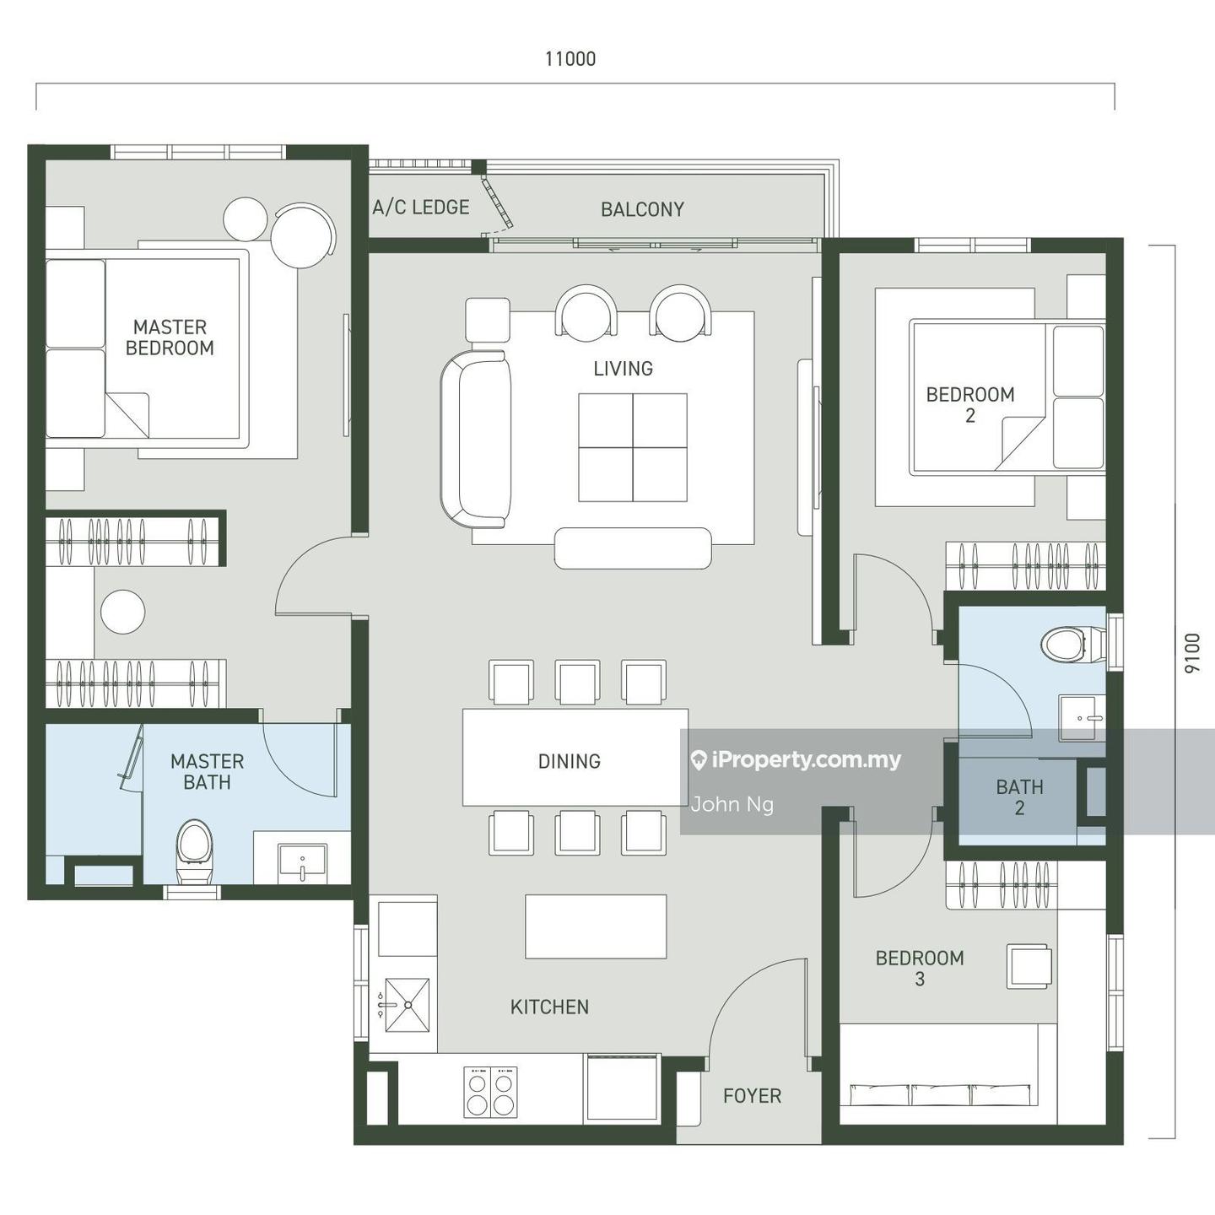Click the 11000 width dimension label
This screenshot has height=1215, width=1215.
pos(570,59)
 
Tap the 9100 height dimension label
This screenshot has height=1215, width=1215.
pos(1192,653)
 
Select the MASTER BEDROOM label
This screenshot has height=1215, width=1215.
pos(170,337)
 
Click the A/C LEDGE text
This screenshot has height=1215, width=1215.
pos(420,207)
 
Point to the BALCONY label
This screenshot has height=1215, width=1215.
pos(642,209)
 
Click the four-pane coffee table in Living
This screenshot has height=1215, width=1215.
pos(633,448)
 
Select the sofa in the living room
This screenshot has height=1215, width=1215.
pos(476,440)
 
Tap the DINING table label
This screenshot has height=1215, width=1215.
pos(570,761)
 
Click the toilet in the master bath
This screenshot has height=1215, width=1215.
pos(193,851)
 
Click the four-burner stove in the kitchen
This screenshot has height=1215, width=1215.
pos(490,1092)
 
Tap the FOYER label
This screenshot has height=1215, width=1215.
pos(752,1096)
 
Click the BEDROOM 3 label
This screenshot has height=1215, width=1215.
pos(920,968)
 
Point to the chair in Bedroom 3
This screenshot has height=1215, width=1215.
pos(1029,966)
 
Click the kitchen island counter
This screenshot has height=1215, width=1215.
pos(596,926)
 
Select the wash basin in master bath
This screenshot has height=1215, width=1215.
pos(303,863)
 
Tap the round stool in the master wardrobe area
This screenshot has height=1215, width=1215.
pos(123,612)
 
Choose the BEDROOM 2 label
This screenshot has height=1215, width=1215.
pos(969,405)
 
